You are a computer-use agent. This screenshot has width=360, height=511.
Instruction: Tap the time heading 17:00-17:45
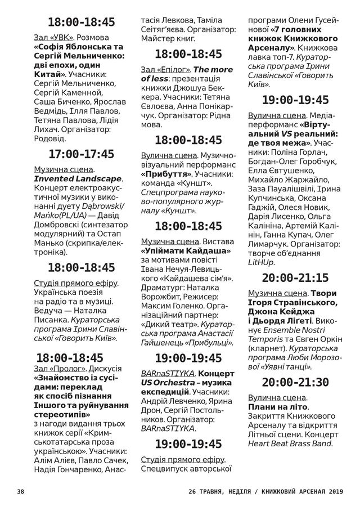click(x=82, y=154)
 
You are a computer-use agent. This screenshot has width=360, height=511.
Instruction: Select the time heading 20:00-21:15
click(x=295, y=278)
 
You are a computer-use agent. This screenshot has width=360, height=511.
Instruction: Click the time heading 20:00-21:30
click(x=295, y=382)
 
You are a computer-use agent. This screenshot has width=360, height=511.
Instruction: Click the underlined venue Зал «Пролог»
click(x=60, y=367)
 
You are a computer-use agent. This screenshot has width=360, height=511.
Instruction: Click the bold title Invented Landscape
click(x=78, y=178)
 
